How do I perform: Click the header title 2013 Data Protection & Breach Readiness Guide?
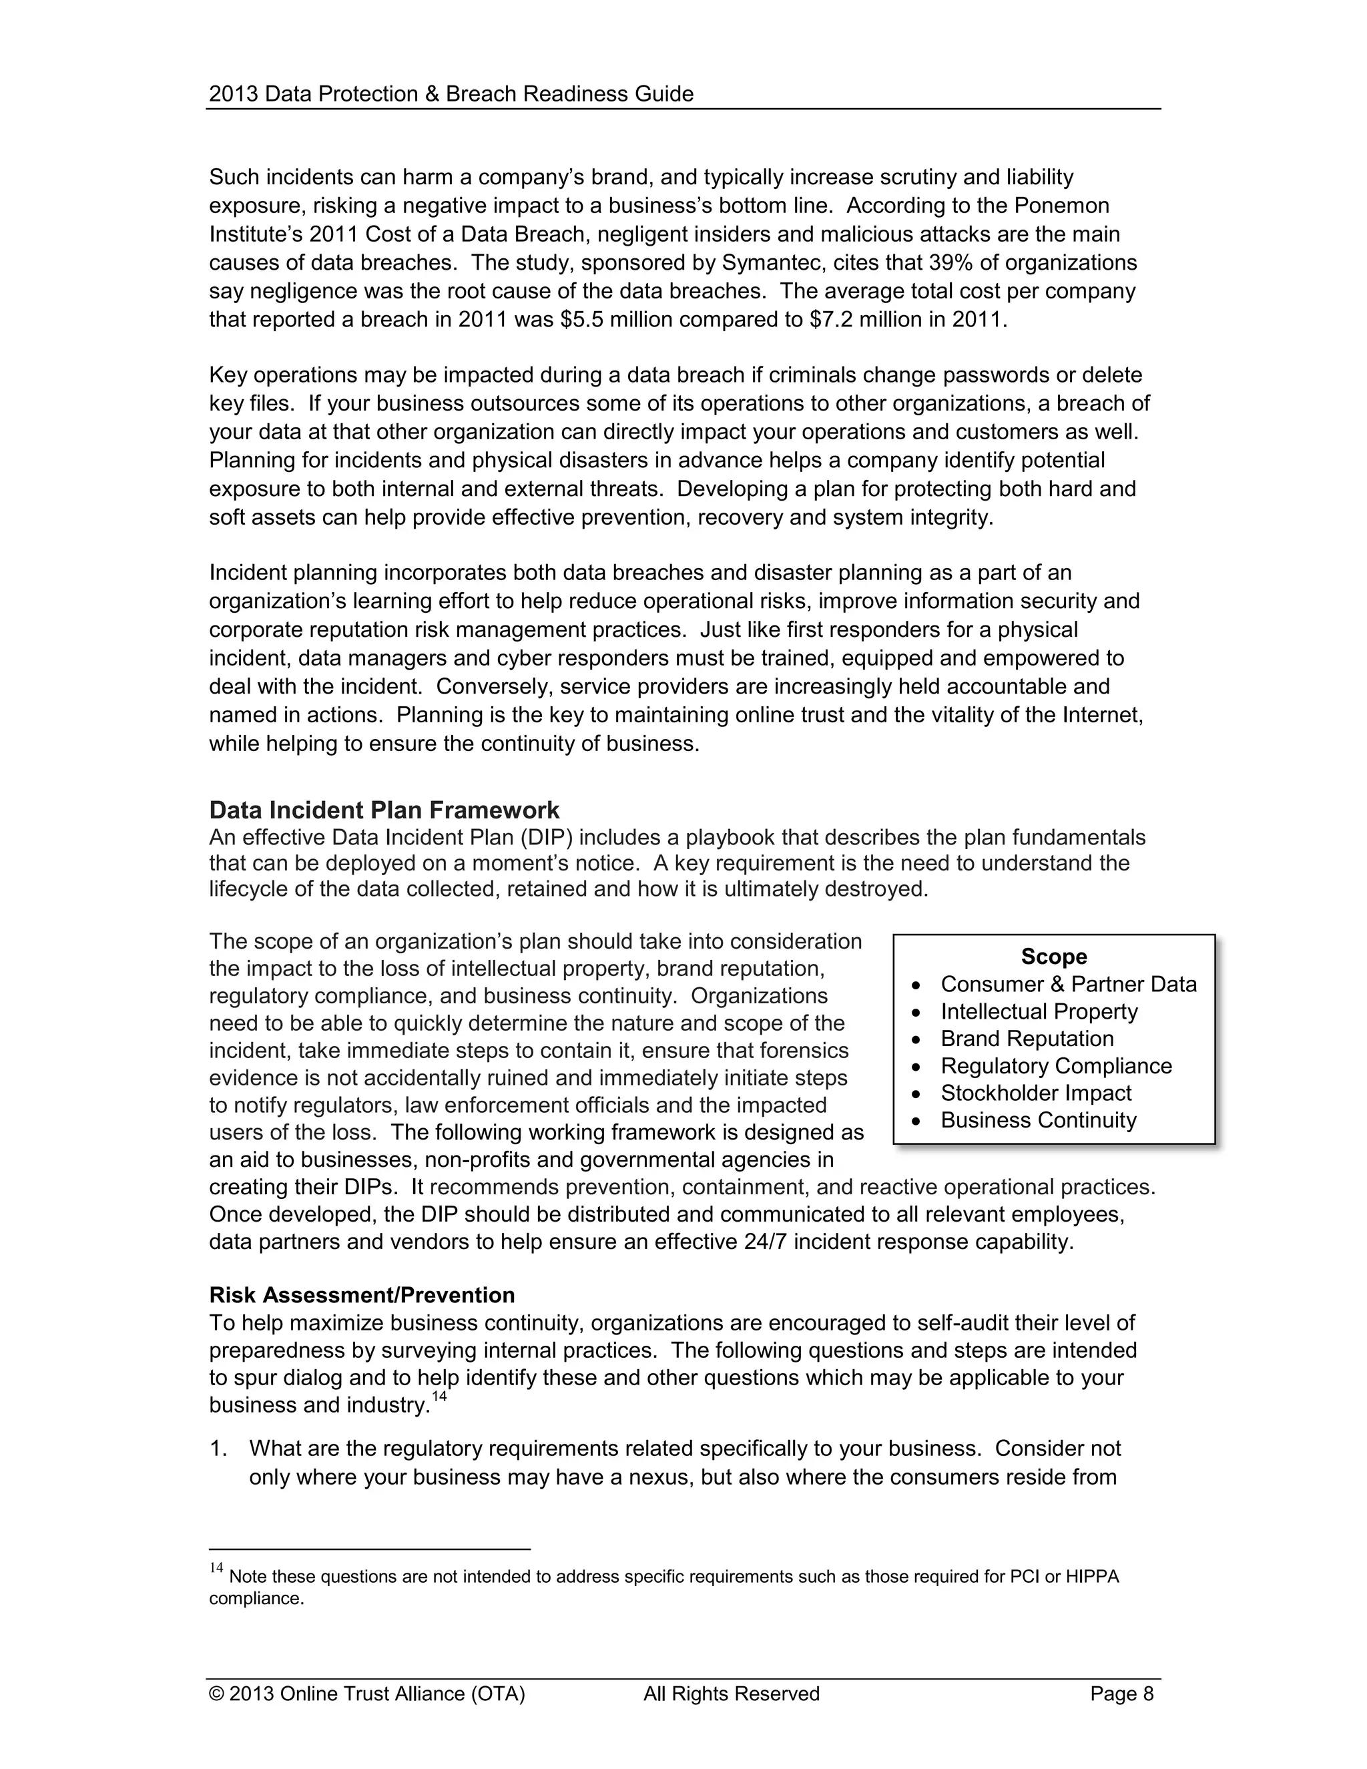451,94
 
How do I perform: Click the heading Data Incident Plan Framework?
384,810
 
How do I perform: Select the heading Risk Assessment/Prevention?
361,1295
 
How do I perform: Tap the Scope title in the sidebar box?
1053,957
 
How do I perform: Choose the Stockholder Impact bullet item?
1035,1093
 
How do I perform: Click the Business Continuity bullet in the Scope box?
1038,1120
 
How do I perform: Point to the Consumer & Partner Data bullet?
1067,984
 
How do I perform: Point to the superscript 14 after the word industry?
440,1397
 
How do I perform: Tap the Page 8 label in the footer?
1121,1694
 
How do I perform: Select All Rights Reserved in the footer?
732,1694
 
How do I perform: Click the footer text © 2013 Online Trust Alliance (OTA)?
367,1694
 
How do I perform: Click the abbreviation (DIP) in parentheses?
547,836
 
